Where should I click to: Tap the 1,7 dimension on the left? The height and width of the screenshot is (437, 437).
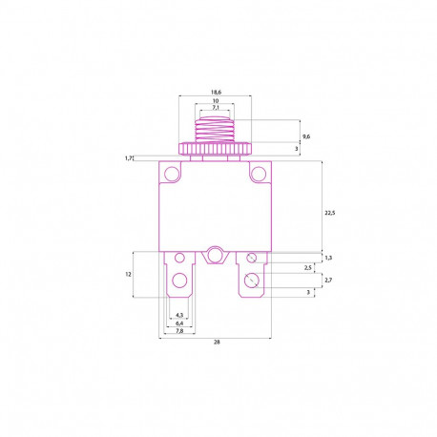click(128, 158)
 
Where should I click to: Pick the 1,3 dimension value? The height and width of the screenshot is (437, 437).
click(328, 257)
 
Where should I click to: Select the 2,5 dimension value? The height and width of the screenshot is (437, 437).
click(307, 268)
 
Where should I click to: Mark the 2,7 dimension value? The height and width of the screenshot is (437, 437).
click(328, 281)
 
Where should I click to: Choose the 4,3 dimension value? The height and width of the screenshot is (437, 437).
click(178, 316)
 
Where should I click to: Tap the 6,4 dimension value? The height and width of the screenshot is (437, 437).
click(178, 324)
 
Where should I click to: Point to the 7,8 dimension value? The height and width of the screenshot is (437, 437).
click(178, 332)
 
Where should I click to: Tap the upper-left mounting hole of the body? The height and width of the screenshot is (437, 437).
click(172, 174)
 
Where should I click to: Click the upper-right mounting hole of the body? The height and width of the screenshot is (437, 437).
click(256, 174)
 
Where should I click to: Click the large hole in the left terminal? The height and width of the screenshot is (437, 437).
click(178, 281)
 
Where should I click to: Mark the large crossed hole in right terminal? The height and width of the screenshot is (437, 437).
click(251, 280)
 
